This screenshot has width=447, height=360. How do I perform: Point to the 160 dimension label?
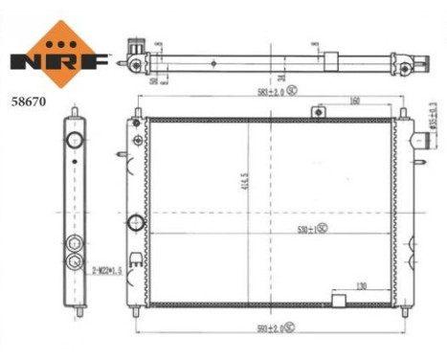355,100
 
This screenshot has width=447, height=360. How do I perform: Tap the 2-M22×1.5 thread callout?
108,271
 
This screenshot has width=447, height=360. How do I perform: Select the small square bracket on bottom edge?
337,301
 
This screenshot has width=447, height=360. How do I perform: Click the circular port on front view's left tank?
136,223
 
